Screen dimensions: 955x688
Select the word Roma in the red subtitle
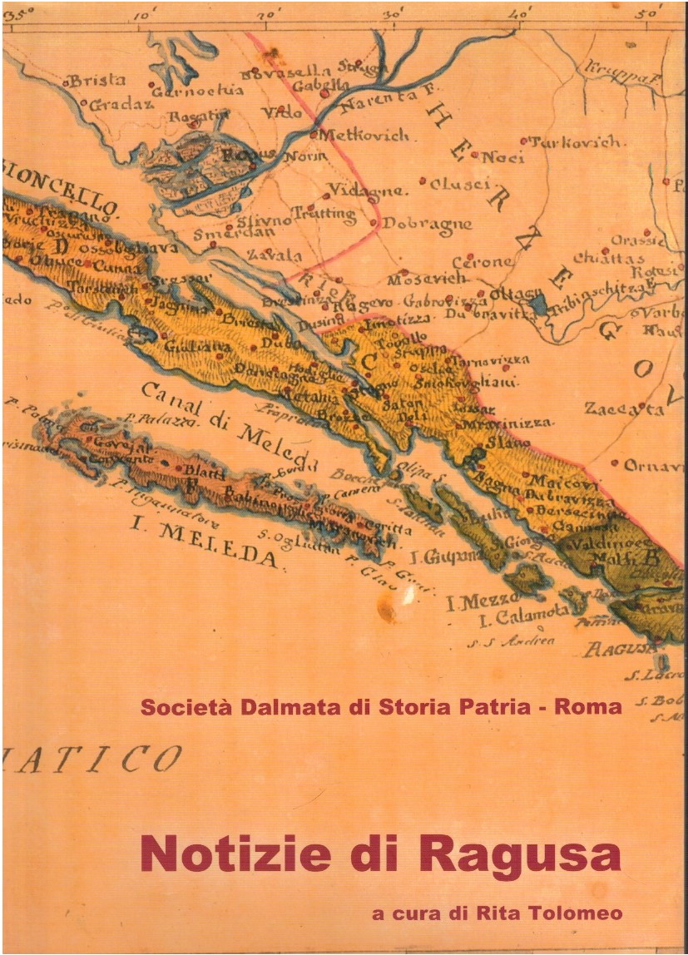[588, 708]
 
